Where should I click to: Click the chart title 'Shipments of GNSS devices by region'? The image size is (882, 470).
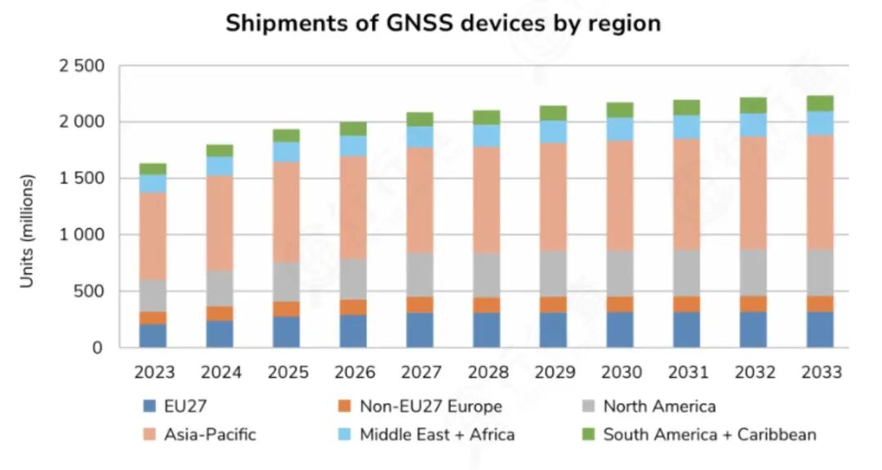point(443,23)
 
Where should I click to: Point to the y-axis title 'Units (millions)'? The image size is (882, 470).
point(27,231)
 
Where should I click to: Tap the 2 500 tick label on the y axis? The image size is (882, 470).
point(81,66)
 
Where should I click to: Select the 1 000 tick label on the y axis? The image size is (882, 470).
point(81,235)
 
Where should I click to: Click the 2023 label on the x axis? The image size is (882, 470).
point(154,373)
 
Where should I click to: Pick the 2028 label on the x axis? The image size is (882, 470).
point(488,373)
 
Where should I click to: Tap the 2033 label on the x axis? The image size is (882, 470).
point(821,373)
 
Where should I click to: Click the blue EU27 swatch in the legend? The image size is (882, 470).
point(149,406)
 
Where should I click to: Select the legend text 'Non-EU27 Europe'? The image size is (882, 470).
point(431,406)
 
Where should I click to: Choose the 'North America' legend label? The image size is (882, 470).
point(659,406)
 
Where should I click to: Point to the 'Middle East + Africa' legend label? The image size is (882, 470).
point(437,435)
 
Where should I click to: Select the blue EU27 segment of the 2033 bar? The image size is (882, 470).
point(820,329)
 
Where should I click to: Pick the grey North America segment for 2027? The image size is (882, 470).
point(420,274)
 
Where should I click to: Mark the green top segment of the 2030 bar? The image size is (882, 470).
point(620,110)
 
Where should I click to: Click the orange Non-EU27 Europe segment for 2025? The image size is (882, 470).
point(287,309)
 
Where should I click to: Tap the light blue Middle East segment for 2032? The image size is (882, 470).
point(754,124)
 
